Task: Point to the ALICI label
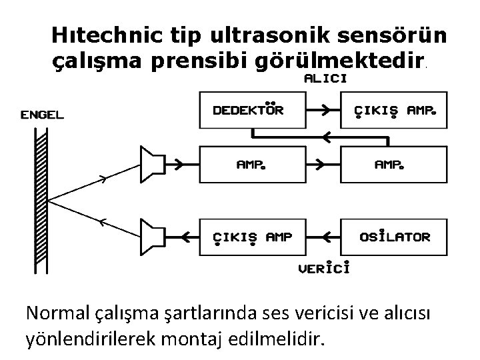pos(325,78)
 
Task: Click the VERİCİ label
pos(325,268)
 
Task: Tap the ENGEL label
pos(43,115)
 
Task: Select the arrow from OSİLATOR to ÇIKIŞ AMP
pos(323,236)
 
